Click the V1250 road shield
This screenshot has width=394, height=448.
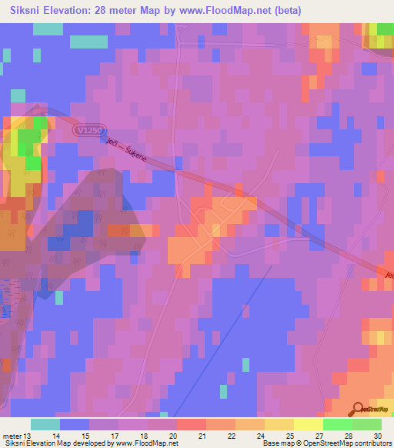click(91, 132)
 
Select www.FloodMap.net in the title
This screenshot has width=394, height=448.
click(229, 11)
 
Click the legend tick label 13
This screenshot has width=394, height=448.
click(30, 436)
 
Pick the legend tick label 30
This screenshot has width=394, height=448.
click(377, 436)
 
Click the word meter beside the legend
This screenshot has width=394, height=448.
click(13, 436)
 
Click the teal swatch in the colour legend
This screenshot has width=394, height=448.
click(45, 424)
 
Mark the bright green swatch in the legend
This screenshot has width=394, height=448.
click(338, 424)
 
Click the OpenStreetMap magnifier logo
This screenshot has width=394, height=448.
click(358, 409)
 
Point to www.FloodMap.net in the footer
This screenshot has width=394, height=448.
click(143, 444)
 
